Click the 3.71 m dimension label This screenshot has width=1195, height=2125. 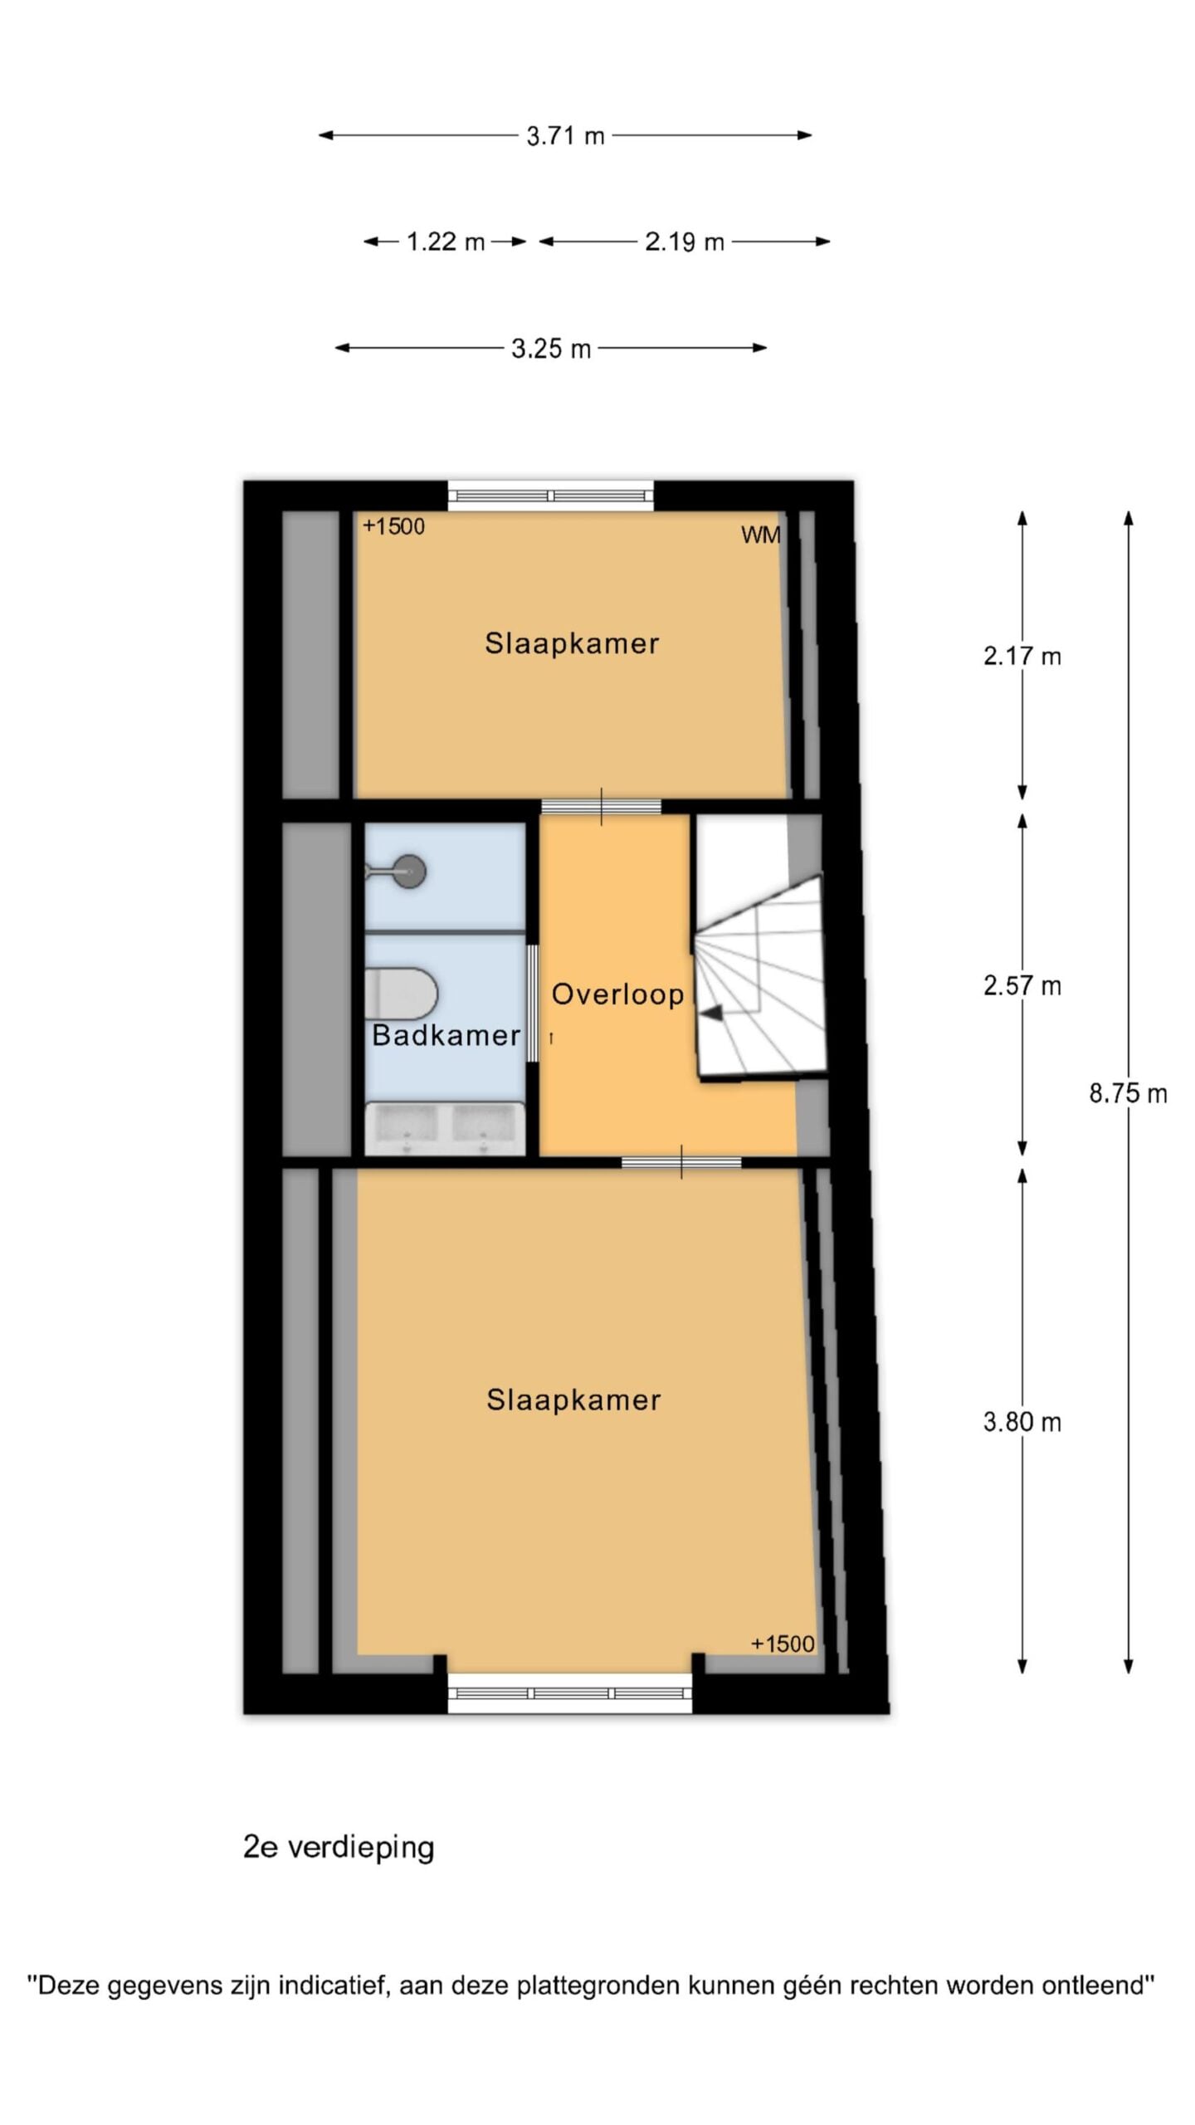coord(565,135)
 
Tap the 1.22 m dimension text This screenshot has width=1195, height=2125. coord(446,242)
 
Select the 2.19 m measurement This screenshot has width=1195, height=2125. coord(685,242)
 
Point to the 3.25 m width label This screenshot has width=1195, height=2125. coord(551,349)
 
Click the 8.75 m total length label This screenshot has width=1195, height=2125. coord(1128,1093)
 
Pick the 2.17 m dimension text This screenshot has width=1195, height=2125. coord(1022,657)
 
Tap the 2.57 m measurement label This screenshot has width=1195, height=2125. coord(1022,985)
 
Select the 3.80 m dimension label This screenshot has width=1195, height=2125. coord(1022,1422)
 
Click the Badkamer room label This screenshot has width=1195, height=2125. coord(446,1035)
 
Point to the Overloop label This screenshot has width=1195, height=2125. coord(618,994)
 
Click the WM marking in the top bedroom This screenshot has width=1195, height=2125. coord(761,535)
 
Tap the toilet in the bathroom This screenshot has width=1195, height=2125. coord(401,993)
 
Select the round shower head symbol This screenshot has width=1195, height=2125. coord(409,872)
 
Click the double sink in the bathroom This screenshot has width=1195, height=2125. coord(446,1128)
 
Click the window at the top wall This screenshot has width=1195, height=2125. coord(551,496)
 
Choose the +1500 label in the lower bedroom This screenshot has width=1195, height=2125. coord(783,1644)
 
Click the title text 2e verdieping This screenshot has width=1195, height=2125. coord(339,1848)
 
